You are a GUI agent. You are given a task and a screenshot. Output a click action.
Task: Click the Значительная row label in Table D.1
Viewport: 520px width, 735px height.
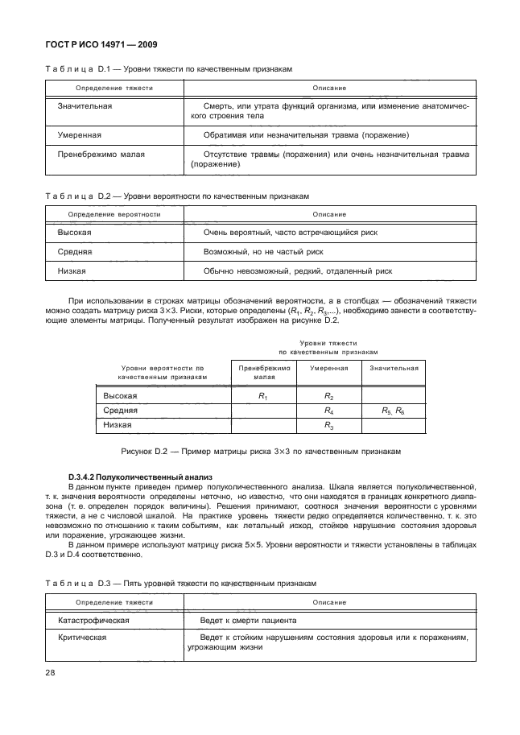(85, 106)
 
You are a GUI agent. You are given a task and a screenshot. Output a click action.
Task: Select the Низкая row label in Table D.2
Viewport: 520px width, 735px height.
(72, 272)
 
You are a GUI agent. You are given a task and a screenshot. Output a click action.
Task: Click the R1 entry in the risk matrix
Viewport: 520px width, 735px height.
(262, 396)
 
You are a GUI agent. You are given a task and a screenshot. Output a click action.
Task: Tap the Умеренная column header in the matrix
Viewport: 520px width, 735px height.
(328, 368)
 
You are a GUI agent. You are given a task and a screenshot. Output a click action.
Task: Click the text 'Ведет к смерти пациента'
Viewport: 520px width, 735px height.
(250, 621)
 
